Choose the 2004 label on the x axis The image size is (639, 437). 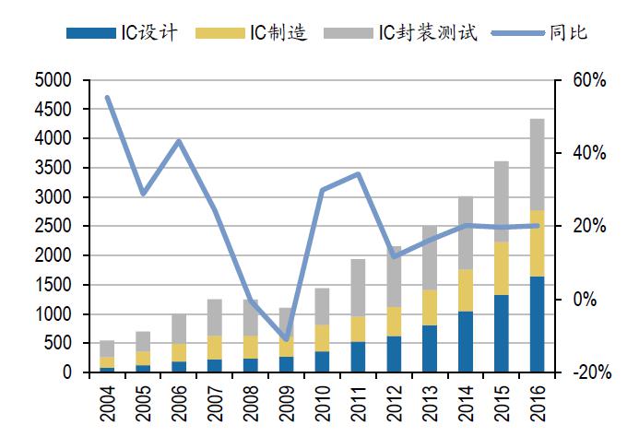coord(108,406)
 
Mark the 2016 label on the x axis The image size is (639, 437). coord(537,406)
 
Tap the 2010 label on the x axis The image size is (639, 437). coord(322,406)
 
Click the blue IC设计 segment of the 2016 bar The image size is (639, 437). coord(537,325)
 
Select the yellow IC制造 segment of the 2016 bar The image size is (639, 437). coord(537,243)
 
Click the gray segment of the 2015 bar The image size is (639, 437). coord(501,201)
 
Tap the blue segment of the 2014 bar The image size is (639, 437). coord(465,342)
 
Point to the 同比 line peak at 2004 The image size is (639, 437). coord(108,98)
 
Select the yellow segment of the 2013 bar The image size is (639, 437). coord(430,307)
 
